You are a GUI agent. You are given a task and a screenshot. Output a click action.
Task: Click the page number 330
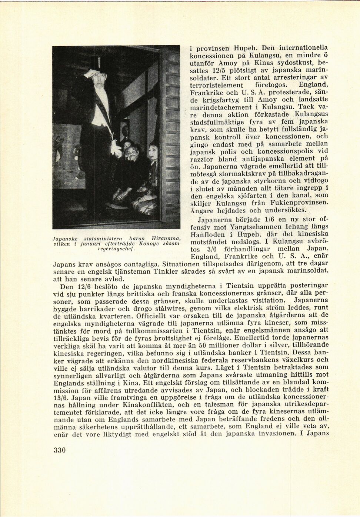59,451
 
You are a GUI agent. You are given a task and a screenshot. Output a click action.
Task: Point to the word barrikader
98,308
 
